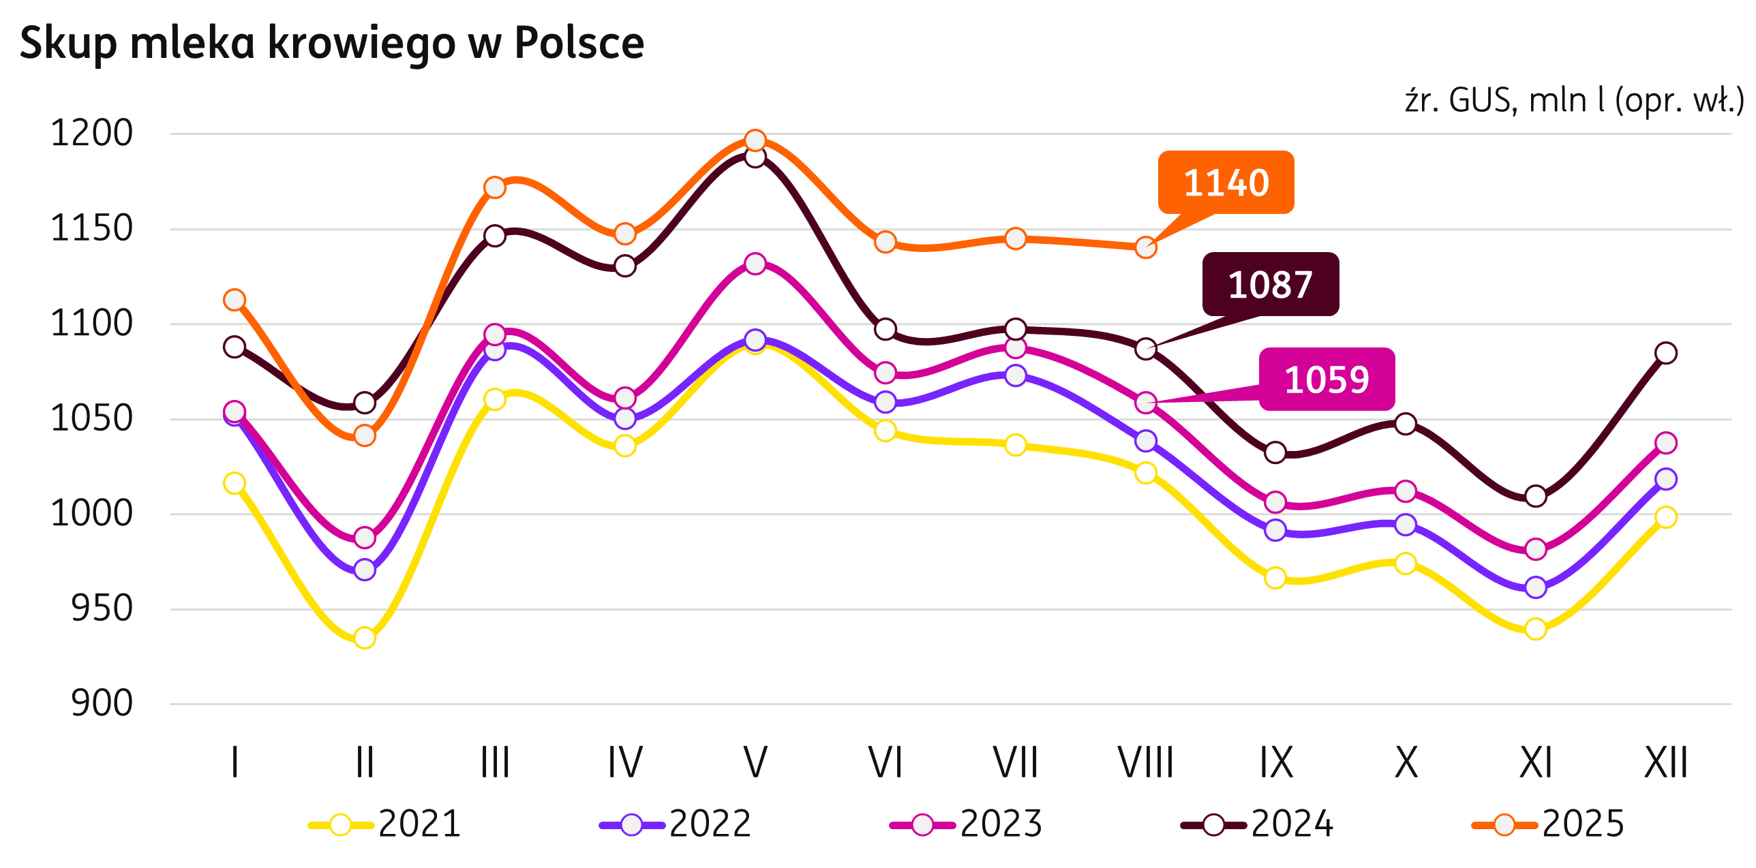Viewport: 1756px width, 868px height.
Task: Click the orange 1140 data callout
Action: tap(1226, 183)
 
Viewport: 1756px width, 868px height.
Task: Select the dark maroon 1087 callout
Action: tap(1270, 284)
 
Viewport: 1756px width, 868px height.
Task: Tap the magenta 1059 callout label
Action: tap(1327, 379)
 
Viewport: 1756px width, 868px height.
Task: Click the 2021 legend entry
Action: tap(385, 824)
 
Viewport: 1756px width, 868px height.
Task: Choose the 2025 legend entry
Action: tap(1548, 824)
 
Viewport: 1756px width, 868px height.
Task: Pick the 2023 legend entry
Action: tap(967, 824)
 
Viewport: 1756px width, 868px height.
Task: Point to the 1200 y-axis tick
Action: tap(92, 134)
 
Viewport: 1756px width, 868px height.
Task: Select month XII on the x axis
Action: tap(1666, 762)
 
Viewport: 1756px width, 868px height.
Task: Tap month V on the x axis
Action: tap(755, 762)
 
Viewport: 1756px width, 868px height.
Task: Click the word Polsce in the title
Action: tap(579, 44)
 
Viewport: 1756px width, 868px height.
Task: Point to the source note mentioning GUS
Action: tap(1574, 101)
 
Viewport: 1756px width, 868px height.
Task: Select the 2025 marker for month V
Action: tap(755, 140)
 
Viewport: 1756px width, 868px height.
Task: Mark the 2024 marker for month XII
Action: tap(1666, 353)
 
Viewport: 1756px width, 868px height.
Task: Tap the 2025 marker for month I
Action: tap(234, 300)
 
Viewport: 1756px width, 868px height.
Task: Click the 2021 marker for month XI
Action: tap(1536, 629)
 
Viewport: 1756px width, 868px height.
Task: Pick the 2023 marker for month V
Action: tap(755, 264)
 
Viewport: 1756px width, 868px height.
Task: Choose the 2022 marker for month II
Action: tap(365, 570)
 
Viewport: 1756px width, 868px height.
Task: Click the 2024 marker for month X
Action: tap(1406, 424)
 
